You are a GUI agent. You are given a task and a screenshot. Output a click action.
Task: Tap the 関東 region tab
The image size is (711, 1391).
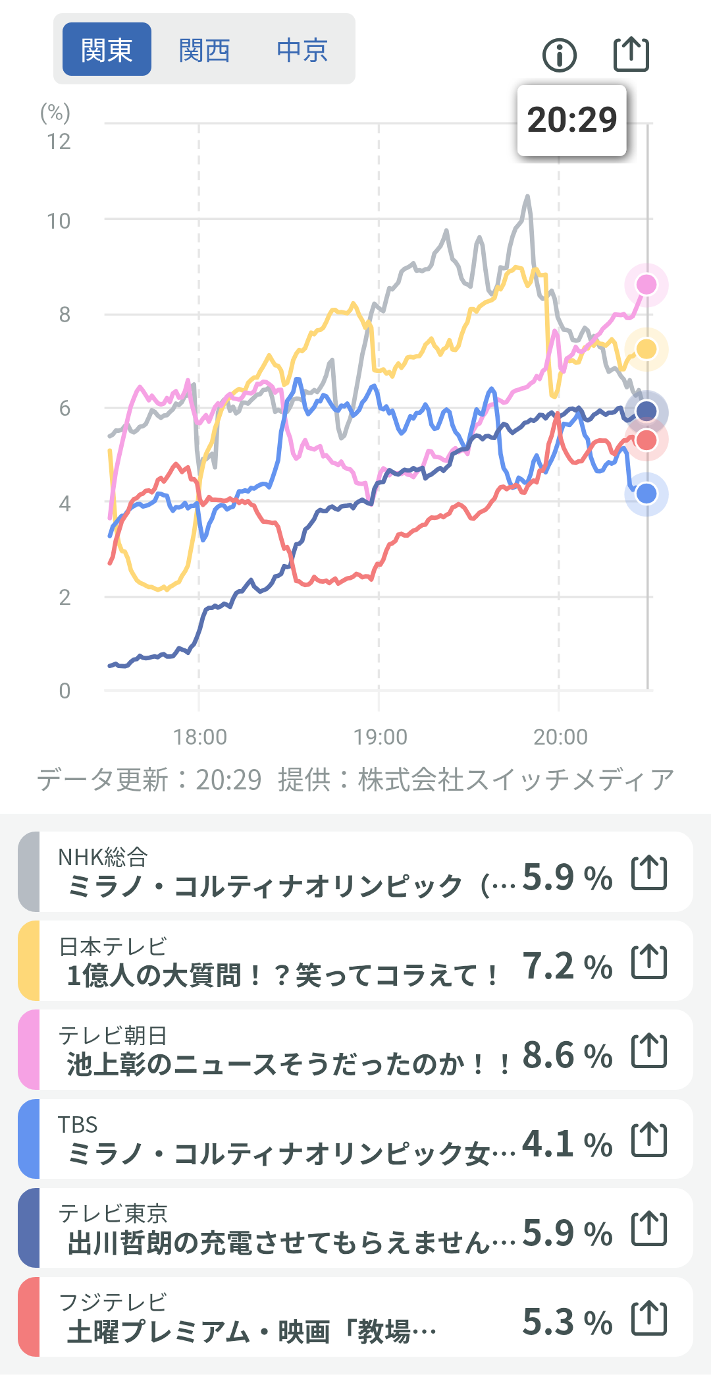(107, 49)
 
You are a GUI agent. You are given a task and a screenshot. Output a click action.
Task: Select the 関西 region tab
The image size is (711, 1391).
(204, 49)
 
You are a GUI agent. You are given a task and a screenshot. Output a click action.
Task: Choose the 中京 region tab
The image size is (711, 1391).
(302, 49)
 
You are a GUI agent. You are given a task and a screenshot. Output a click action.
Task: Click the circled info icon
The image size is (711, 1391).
(560, 55)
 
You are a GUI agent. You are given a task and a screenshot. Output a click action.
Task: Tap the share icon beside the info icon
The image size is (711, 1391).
(631, 54)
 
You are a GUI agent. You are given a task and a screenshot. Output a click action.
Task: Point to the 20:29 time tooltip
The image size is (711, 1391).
(571, 120)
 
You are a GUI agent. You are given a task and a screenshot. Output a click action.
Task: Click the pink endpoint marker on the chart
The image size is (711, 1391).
(646, 285)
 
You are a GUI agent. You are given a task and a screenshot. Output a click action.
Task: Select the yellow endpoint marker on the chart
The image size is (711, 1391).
(646, 349)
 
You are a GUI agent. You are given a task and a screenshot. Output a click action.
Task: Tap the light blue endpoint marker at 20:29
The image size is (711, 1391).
(646, 494)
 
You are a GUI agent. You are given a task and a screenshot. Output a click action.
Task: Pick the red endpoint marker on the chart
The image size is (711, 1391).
(646, 440)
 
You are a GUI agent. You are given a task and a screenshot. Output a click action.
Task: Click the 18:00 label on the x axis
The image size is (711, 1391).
(199, 737)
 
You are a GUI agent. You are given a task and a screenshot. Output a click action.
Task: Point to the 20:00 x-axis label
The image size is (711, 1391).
(560, 737)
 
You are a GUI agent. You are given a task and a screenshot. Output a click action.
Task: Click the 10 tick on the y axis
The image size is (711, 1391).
(59, 221)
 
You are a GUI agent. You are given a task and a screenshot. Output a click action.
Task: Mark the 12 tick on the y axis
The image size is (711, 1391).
(59, 141)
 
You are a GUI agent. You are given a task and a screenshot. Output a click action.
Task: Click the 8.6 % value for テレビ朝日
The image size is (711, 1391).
(567, 1055)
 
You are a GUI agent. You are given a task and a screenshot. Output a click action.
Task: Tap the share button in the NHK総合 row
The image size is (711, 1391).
(649, 872)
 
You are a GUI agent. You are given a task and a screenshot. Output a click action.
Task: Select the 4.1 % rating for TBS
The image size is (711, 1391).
(567, 1144)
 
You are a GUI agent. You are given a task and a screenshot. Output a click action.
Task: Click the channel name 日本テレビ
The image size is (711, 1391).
(113, 946)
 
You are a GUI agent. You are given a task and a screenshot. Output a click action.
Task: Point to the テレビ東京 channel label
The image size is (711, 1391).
(113, 1213)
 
